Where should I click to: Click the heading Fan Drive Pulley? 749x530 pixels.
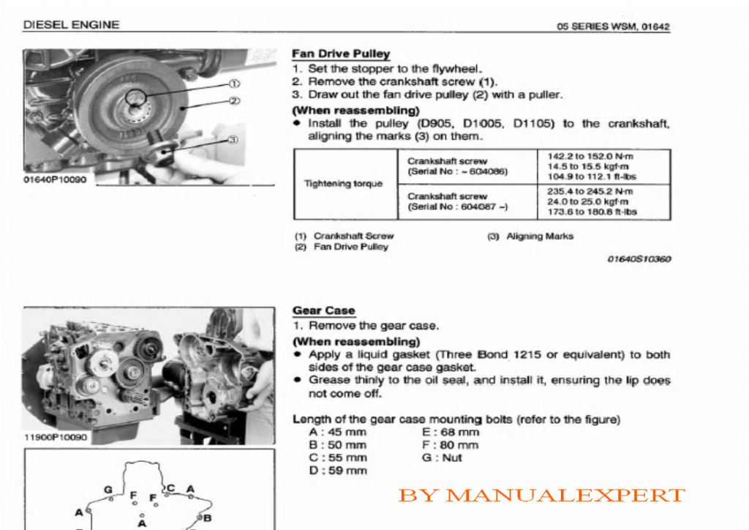tap(341, 54)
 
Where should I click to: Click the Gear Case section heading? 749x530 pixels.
tap(324, 310)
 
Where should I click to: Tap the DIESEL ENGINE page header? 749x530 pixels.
tap(71, 24)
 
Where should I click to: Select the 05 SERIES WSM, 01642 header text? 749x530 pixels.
tap(613, 27)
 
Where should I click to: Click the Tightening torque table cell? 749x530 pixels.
tap(343, 184)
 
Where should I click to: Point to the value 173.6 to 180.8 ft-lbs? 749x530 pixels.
tap(592, 212)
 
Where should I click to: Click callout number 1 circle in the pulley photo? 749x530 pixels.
tap(234, 83)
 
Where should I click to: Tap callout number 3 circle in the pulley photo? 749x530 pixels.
tap(233, 139)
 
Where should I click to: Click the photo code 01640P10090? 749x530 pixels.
tap(55, 179)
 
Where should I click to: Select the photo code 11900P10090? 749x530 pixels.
tap(56, 438)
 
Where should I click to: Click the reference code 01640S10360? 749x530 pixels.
tap(639, 259)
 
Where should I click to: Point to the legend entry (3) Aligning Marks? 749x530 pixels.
tap(530, 236)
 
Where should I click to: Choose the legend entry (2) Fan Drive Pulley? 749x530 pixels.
tap(341, 247)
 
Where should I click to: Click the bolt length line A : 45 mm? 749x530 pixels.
tap(338, 433)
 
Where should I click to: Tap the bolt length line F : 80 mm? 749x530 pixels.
tap(451, 445)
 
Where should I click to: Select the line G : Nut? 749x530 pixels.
tap(443, 458)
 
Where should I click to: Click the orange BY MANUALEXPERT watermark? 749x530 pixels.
tap(541, 496)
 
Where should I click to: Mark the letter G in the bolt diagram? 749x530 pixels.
tap(108, 489)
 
